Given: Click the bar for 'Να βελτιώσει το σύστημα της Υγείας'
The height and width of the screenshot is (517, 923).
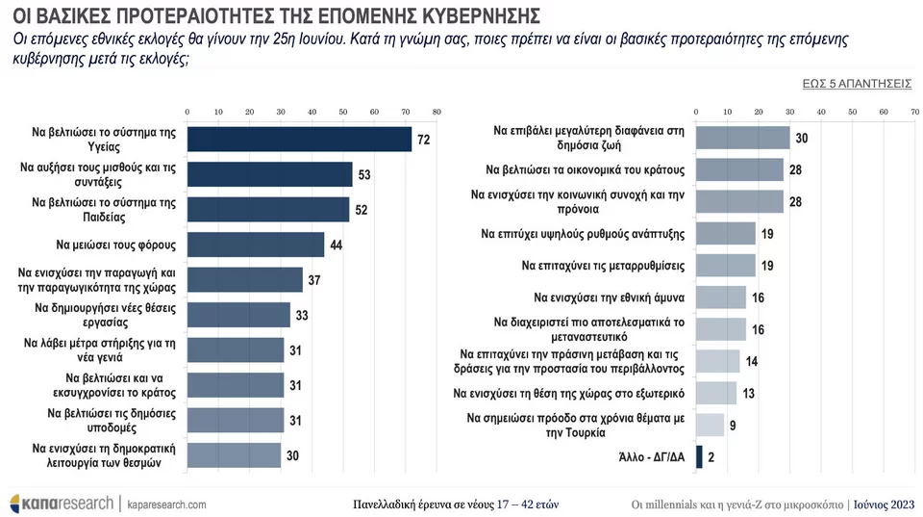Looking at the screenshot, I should click(x=299, y=140).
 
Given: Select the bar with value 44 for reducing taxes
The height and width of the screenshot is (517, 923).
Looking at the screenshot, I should click(x=256, y=245).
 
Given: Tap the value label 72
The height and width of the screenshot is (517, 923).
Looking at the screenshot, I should click(x=422, y=141).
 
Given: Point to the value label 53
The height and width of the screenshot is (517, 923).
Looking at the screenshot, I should click(x=363, y=175).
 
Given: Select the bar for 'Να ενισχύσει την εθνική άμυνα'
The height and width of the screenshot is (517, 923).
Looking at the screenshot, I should click(x=720, y=297).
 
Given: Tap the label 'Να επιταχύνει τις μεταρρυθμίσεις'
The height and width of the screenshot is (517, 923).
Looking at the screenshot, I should click(x=603, y=265).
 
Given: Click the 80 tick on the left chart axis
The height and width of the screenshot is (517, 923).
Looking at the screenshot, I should click(x=437, y=112).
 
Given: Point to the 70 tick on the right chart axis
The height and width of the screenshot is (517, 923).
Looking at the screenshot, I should click(x=914, y=112).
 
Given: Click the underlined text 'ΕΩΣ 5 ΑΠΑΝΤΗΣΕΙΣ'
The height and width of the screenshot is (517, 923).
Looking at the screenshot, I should click(x=857, y=84).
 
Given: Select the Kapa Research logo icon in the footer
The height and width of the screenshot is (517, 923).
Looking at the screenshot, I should click(x=17, y=504).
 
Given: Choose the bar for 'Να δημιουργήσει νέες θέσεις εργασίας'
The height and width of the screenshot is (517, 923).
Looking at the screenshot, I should click(x=238, y=315).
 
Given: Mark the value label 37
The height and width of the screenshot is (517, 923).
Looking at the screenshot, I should click(x=313, y=280).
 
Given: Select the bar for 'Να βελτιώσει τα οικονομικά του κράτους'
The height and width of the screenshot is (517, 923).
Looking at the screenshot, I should click(x=738, y=170).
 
